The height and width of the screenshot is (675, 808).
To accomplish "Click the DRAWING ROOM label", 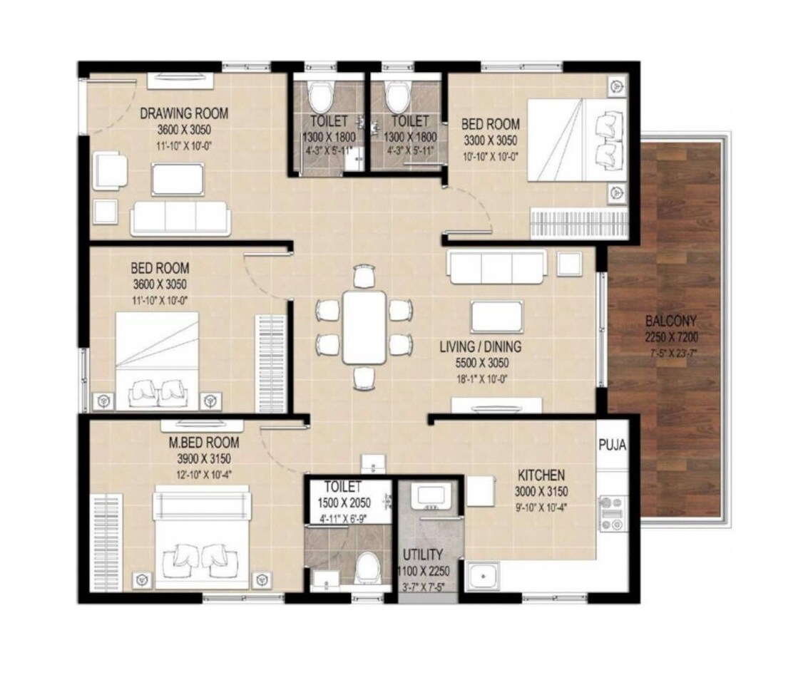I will pyautogui.click(x=184, y=113).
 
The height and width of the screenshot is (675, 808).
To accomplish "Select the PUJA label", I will pyautogui.click(x=612, y=445).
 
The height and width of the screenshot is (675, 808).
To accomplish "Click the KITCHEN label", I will pyautogui.click(x=541, y=475).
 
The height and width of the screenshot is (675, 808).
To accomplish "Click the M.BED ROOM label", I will pyautogui.click(x=204, y=443).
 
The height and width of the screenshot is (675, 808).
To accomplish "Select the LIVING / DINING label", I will pyautogui.click(x=480, y=347).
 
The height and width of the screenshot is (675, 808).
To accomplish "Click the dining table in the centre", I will pyautogui.click(x=364, y=326).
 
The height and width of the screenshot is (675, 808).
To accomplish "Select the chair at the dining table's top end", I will pyautogui.click(x=364, y=275).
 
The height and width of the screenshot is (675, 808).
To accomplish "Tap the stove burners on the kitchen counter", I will pyautogui.click(x=612, y=513).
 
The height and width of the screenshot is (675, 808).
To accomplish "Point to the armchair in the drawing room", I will pyautogui.click(x=110, y=170).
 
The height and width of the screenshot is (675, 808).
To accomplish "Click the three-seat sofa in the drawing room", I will pyautogui.click(x=180, y=217).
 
